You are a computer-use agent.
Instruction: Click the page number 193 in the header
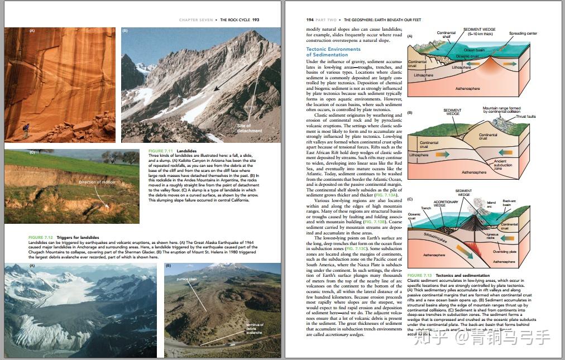click(256, 20)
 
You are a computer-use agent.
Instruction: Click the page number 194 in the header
click(310, 20)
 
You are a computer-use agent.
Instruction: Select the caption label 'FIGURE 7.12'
click(41, 238)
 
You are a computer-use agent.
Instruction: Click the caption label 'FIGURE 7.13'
click(419, 276)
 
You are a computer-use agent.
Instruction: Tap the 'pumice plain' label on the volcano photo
click(187, 279)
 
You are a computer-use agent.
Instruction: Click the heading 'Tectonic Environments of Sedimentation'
click(333, 52)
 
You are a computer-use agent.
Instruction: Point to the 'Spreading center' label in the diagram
click(523, 33)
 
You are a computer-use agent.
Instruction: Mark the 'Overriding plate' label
click(504, 252)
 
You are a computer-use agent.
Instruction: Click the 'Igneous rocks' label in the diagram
click(491, 237)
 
